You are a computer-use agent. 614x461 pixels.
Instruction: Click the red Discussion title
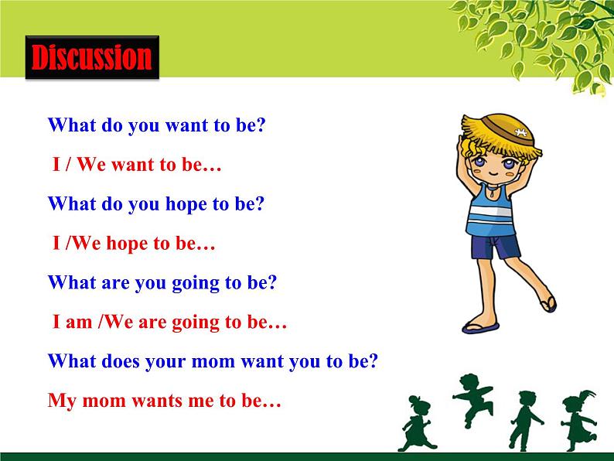[x=91, y=57]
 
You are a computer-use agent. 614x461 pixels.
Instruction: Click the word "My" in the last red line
[x=62, y=401]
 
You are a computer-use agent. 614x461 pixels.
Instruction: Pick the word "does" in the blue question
[x=121, y=360]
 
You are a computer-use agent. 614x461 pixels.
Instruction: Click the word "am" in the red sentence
[x=78, y=323]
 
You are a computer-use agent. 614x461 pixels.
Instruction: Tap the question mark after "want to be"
[x=261, y=125]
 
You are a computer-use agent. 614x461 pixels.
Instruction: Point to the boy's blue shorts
[x=496, y=247]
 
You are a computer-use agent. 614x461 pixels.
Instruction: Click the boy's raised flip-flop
[x=549, y=304]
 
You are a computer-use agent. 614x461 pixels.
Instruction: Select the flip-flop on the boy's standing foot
[x=480, y=328]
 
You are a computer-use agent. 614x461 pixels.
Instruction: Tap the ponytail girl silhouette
[x=578, y=420]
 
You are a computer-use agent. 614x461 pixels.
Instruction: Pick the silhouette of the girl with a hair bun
[x=417, y=423]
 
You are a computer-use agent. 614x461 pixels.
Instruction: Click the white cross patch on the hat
[x=520, y=132]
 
